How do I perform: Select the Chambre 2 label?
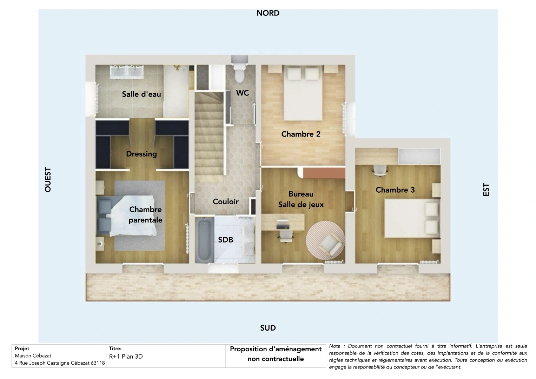[x=301, y=134]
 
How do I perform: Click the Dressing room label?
[x=141, y=154]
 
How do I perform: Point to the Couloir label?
[x=226, y=201]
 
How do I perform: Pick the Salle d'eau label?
[x=141, y=94]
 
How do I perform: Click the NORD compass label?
[x=268, y=13]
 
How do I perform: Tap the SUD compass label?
[x=268, y=328]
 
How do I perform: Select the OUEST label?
[x=48, y=179]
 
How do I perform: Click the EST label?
[x=486, y=190]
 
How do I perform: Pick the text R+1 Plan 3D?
[x=126, y=357]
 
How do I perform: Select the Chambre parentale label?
[x=145, y=215]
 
